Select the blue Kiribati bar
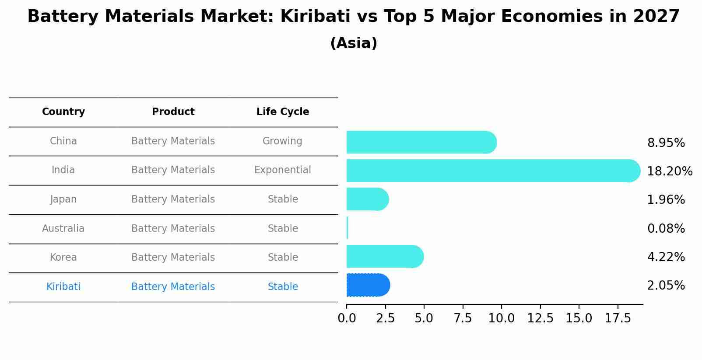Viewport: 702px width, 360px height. point(368,285)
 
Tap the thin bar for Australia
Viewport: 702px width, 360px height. point(347,228)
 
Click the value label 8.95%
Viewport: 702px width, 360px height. point(666,143)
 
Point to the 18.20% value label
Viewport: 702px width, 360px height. point(669,171)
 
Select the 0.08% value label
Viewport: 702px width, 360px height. point(666,228)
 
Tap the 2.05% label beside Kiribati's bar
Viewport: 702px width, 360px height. point(666,286)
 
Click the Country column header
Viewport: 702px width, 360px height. point(63,112)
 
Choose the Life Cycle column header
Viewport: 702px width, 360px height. point(283,112)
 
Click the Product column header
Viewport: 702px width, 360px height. point(173,112)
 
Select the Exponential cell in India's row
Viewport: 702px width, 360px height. point(283,170)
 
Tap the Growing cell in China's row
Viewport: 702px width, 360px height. point(282,141)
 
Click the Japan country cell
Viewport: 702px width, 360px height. point(63,199)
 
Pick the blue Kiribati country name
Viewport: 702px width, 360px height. point(63,287)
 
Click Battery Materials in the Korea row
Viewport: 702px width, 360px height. point(173,257)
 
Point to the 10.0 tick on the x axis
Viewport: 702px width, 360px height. point(502,318)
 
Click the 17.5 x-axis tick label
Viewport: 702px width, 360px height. point(618,318)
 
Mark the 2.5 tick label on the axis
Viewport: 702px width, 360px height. point(386,318)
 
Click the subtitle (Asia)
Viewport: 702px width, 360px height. point(354,43)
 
